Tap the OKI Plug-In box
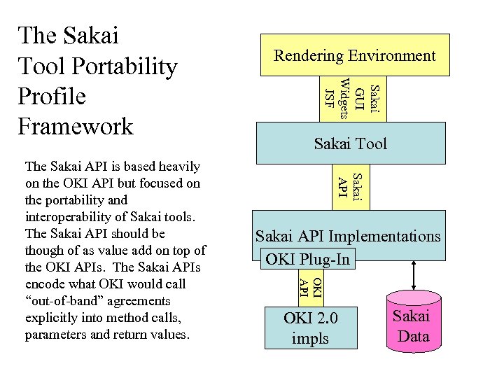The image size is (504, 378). click(x=307, y=259)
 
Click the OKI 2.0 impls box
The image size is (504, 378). click(x=310, y=328)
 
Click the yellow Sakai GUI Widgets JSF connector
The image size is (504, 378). click(x=351, y=99)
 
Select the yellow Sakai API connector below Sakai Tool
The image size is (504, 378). click(x=348, y=186)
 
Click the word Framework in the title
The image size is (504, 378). click(x=76, y=126)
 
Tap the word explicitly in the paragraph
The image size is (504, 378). click(x=51, y=318)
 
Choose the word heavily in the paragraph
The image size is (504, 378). click(x=178, y=167)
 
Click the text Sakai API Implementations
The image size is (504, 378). click(x=348, y=236)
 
